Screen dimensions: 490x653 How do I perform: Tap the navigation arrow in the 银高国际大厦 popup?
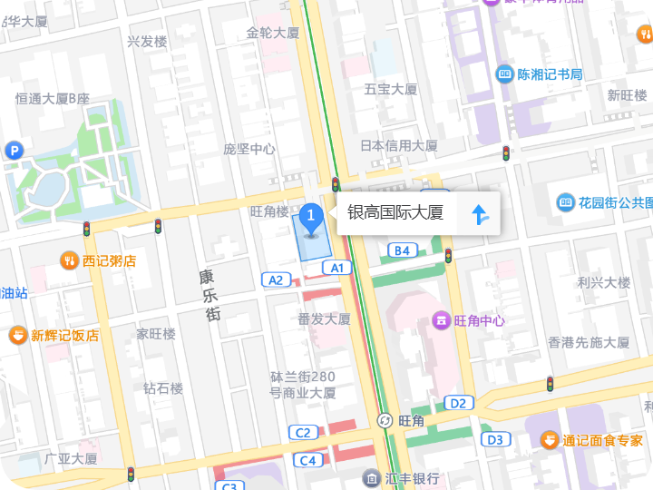coord(480,214)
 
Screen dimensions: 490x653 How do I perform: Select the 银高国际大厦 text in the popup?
coord(395,213)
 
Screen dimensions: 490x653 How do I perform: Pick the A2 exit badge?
coord(276,279)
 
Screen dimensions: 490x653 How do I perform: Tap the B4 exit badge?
coord(402,250)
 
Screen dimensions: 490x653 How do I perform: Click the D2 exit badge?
coord(459,402)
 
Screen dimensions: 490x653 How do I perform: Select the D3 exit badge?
coord(494,439)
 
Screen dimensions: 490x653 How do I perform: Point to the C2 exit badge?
coord(303,432)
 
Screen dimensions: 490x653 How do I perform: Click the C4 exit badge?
coord(308,460)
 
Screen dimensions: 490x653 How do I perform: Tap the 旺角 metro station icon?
coord(385,421)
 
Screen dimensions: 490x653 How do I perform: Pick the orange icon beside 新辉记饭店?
coord(18,336)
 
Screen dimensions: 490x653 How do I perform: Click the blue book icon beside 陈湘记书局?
coord(504,74)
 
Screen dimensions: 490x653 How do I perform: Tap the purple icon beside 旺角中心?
coord(441,319)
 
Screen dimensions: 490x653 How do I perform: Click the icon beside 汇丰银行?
coord(371,478)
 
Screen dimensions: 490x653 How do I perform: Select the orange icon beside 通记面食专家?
coord(550,440)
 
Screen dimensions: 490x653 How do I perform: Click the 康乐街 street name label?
coord(210,295)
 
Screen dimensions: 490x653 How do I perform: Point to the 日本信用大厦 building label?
coord(398,145)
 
